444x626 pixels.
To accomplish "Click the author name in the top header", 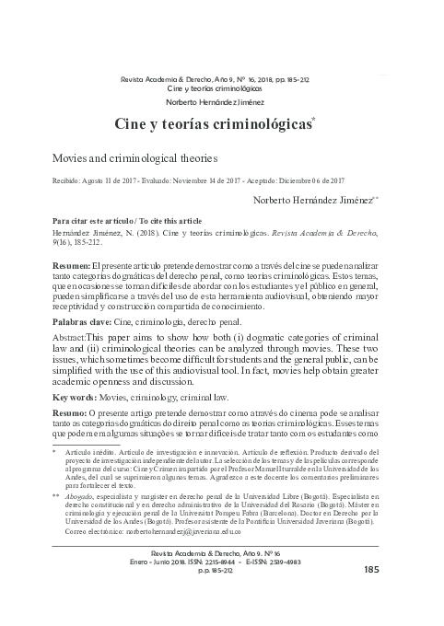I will click(221, 102).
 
